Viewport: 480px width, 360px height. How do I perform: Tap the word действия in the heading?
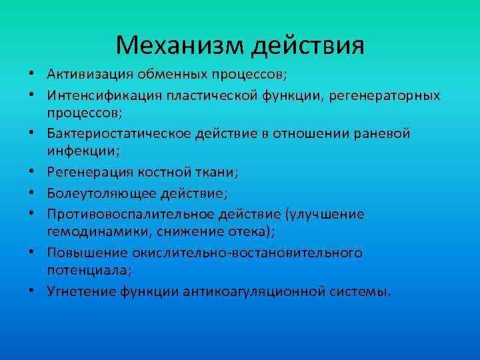tap(308, 45)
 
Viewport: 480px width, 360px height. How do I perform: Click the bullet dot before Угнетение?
tap(31, 292)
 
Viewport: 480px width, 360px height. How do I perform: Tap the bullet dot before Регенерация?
tap(31, 173)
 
